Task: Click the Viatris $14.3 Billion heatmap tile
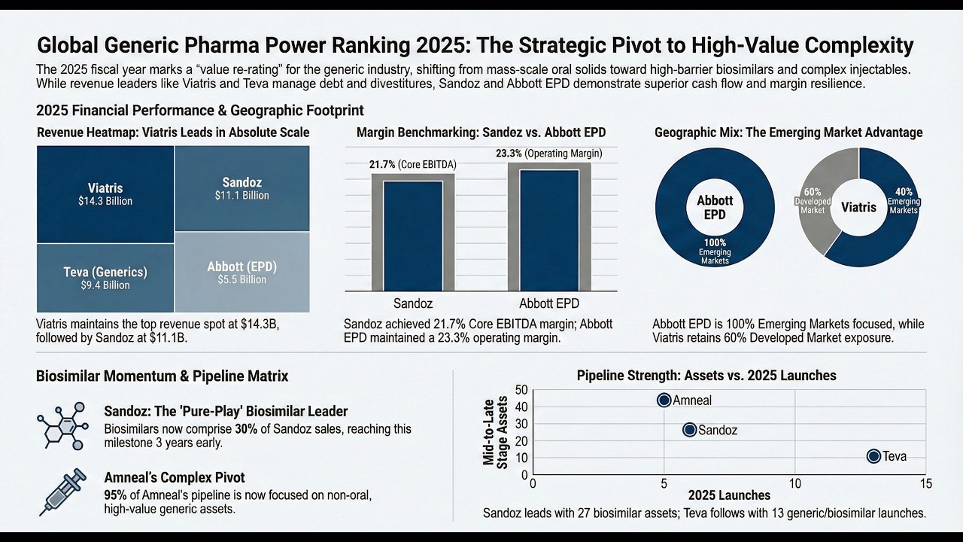(105, 193)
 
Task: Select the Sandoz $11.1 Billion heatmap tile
(242, 188)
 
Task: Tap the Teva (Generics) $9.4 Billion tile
(105, 278)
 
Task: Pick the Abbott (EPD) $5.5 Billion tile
(242, 272)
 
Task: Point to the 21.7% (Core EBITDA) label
(413, 165)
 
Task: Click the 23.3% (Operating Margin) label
(548, 154)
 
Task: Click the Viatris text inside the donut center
(858, 206)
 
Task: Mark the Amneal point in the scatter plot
(664, 400)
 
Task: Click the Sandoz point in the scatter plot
(689, 430)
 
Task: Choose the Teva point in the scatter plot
(873, 456)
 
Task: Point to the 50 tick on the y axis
(521, 389)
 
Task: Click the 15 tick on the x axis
(925, 483)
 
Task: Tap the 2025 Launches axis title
(729, 495)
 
